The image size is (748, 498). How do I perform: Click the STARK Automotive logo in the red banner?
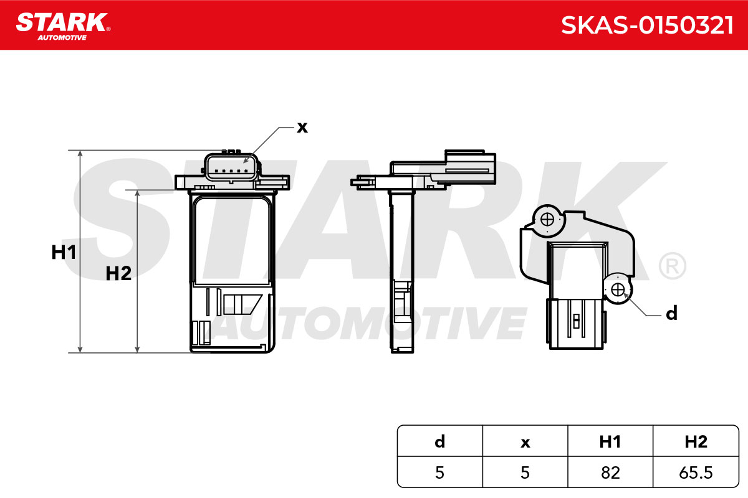[x=63, y=26]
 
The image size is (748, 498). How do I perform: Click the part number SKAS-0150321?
[x=647, y=25]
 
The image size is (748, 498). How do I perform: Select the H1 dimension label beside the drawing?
[x=64, y=252]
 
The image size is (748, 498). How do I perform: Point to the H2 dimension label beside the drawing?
[x=118, y=273]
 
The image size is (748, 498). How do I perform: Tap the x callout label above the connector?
[x=302, y=128]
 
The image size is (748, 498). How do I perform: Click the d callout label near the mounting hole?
[x=671, y=313]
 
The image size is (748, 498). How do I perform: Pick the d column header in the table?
[x=440, y=441]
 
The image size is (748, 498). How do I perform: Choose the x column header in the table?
[x=525, y=443]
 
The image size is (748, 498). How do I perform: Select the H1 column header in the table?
[x=610, y=441]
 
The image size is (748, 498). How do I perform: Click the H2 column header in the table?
[x=696, y=441]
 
